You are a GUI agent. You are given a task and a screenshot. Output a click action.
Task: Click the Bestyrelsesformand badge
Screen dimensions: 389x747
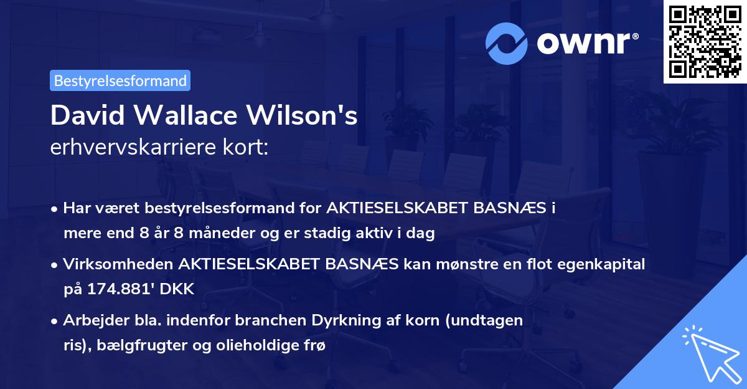coord(120,80)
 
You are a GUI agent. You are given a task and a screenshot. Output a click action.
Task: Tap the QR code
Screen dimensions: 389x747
coord(705,42)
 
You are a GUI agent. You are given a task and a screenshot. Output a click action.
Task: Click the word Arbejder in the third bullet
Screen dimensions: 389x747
coord(91,320)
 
